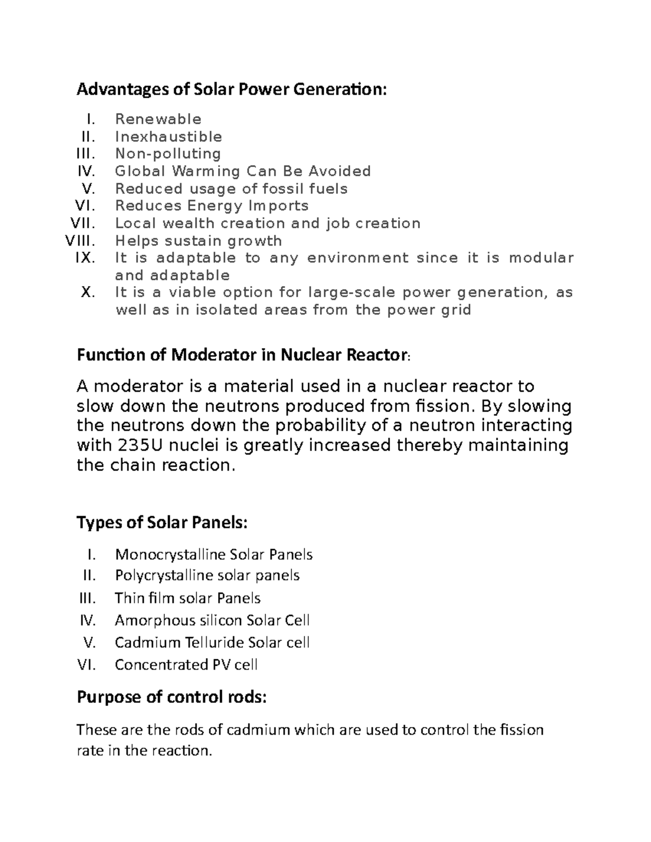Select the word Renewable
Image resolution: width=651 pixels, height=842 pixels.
coord(158,119)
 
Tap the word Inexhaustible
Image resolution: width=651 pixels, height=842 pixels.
coord(168,137)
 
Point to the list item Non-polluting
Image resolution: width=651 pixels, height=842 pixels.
coord(168,154)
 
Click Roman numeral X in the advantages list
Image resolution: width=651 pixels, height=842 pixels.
coord(88,293)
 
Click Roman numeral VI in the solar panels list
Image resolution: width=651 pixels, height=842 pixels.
coord(86,665)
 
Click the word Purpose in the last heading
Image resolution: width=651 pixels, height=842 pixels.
coord(109,697)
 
